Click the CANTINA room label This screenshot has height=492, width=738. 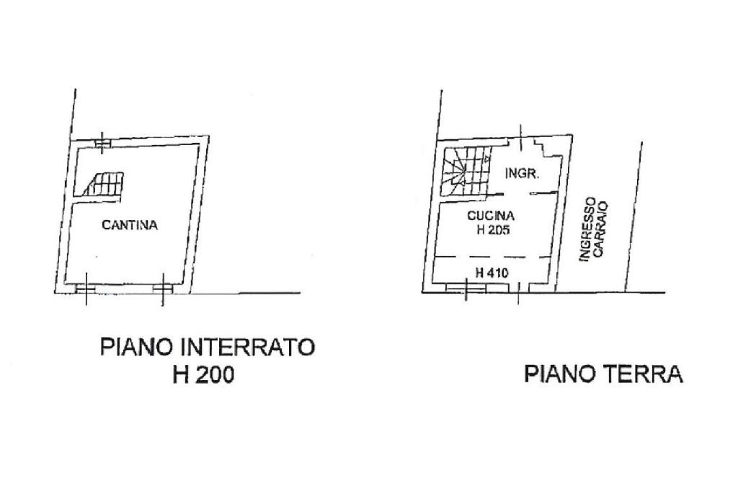130,225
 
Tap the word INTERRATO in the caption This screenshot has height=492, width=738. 249,347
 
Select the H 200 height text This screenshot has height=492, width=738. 204,375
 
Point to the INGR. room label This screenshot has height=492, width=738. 523,173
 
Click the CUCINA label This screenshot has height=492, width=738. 491,216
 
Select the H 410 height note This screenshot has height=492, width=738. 492,273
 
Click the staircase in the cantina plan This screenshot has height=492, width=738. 103,184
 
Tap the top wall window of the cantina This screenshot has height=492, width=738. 102,143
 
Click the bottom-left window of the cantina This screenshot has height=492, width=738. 85,289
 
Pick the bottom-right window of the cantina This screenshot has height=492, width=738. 163,289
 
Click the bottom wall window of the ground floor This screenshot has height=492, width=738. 465,288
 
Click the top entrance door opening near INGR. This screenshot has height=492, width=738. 520,139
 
